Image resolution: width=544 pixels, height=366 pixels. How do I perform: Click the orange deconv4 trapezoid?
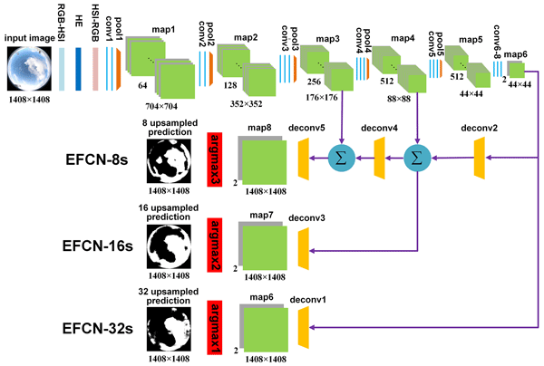(381, 159)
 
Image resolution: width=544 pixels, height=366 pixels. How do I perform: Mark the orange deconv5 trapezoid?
(304, 159)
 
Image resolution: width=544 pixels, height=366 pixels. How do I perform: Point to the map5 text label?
(471, 41)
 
